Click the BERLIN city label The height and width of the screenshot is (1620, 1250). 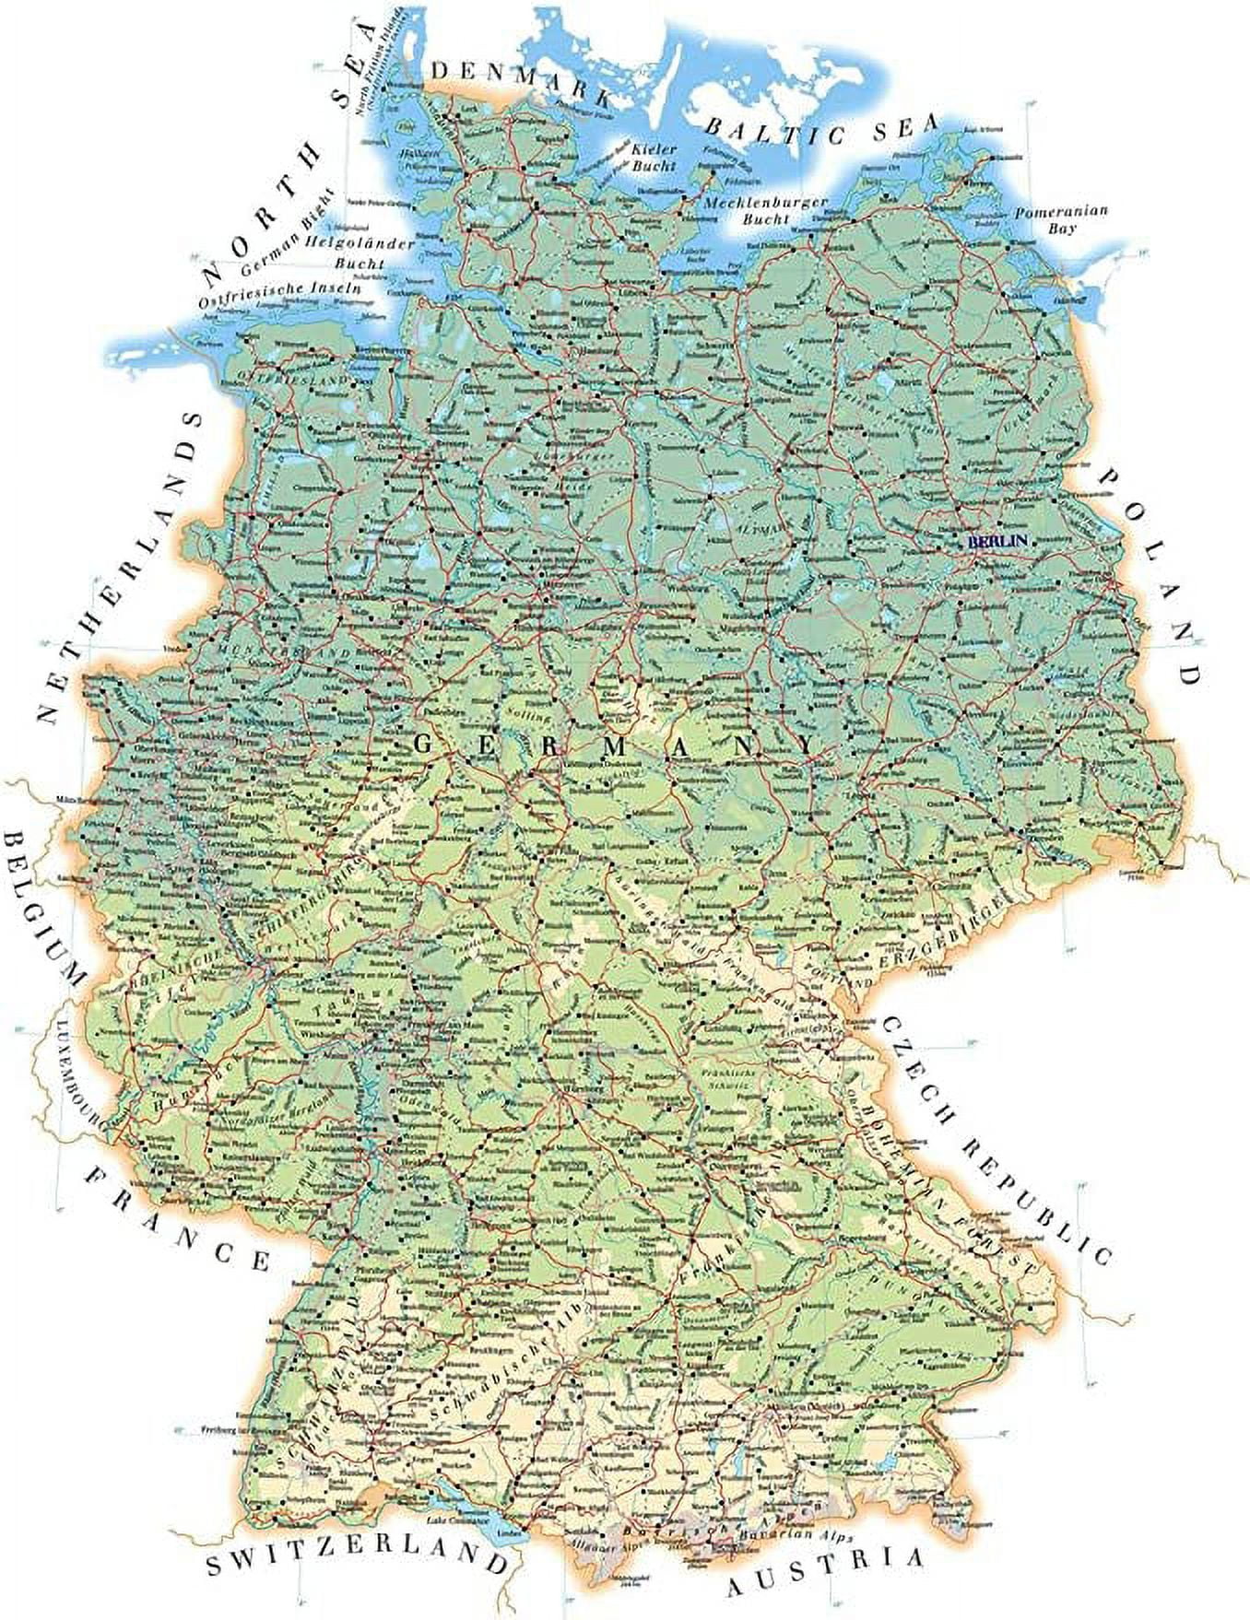point(996,542)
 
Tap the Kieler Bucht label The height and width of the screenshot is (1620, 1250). point(654,158)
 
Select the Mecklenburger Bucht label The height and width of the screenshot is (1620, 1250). point(764,210)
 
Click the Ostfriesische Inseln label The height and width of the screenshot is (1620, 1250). point(279,293)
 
